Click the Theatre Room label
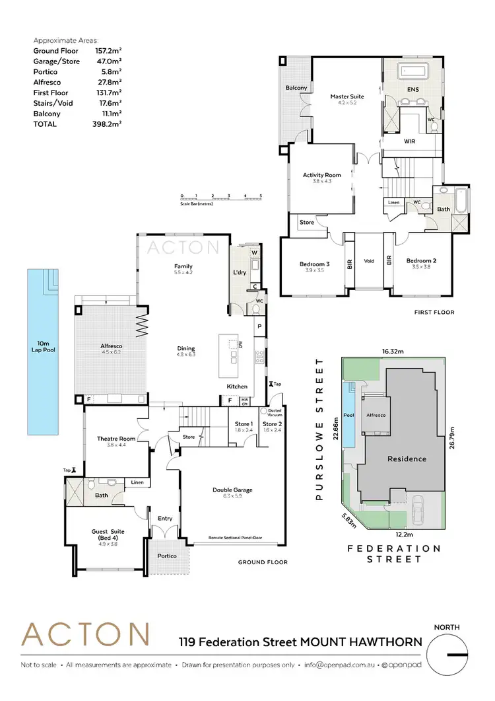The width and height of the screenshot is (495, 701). pos(116,439)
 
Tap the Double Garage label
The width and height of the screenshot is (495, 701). pos(232,490)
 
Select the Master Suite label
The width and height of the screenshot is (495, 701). pos(348,96)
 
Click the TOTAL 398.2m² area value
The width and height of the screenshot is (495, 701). pos(109,124)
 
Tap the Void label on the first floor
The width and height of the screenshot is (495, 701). pos(369,261)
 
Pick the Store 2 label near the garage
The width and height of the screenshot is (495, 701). pos(272,424)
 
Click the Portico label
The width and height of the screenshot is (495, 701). pos(167,556)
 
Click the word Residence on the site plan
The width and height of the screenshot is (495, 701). pos(407,459)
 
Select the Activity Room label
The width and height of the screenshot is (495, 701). pos(322,175)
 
